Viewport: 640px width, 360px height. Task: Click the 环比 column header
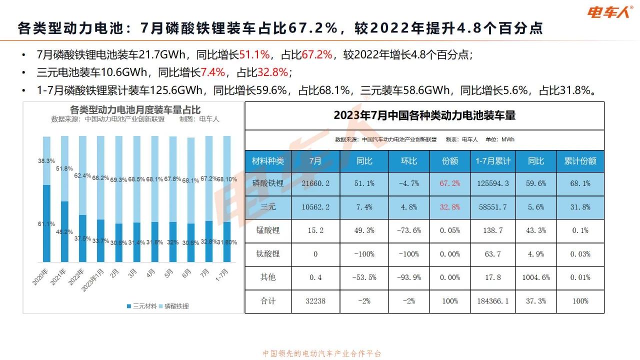tap(408, 160)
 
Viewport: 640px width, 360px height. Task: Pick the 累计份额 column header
tap(580, 160)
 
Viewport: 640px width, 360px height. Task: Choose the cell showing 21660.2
tap(315, 183)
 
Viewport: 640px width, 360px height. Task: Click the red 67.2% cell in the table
tap(449, 183)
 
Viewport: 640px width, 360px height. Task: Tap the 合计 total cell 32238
tap(315, 301)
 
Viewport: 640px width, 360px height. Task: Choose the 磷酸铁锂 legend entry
tap(173, 306)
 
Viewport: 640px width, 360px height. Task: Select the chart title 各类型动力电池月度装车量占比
tap(135, 109)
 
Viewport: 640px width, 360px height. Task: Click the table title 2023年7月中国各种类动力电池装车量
tap(424, 115)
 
